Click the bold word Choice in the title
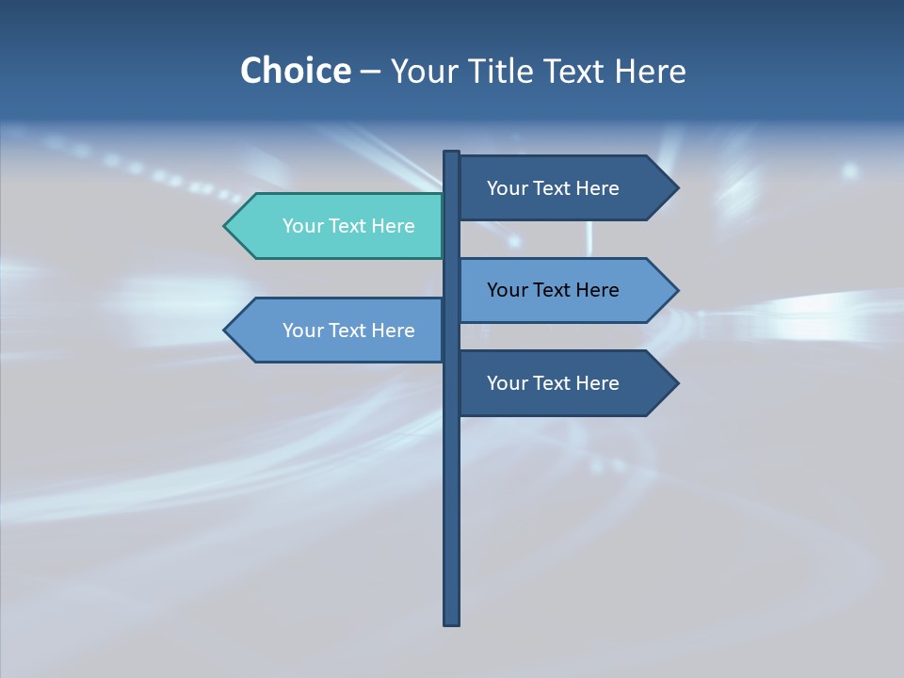tap(295, 71)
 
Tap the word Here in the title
tap(650, 72)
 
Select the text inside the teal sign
tap(348, 226)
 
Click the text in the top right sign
tap(553, 188)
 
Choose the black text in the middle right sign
tap(553, 290)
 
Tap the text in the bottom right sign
tap(553, 383)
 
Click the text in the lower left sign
tap(348, 331)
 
